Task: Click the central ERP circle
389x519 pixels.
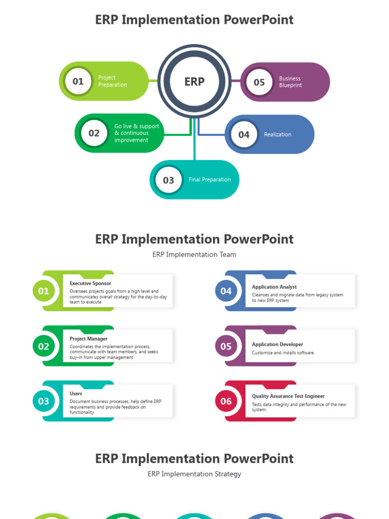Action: click(194, 82)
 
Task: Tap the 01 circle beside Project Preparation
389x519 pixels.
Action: click(78, 81)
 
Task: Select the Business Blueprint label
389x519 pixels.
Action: click(290, 82)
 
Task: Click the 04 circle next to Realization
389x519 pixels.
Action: click(244, 134)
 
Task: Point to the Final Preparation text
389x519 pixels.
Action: click(210, 179)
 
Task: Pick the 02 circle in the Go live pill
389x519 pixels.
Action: click(94, 133)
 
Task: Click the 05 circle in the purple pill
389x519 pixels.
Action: click(259, 82)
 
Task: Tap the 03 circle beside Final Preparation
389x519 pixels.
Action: click(169, 180)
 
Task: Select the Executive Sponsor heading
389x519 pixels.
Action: click(90, 283)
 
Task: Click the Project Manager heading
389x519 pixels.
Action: click(89, 339)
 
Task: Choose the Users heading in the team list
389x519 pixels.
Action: click(76, 393)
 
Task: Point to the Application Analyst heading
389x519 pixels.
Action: click(275, 287)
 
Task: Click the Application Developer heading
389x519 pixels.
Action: click(278, 344)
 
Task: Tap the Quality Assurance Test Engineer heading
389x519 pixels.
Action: click(288, 396)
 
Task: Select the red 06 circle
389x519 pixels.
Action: click(226, 401)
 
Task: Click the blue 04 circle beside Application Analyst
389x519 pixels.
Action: click(226, 291)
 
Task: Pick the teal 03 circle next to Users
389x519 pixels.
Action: click(44, 401)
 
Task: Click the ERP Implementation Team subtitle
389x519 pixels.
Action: click(194, 254)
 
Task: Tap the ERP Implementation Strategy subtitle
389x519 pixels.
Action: click(194, 474)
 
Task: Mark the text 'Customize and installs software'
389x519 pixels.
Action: click(283, 353)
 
